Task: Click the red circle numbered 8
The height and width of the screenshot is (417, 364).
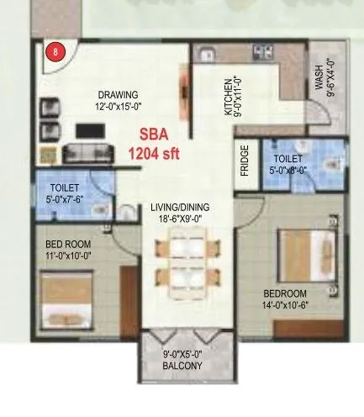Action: tap(56, 52)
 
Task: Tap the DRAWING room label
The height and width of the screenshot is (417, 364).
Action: tap(117, 94)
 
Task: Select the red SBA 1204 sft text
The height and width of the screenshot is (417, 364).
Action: tap(150, 145)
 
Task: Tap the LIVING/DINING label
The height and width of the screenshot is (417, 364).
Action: tap(180, 207)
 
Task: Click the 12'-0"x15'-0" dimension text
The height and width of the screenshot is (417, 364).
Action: tap(117, 106)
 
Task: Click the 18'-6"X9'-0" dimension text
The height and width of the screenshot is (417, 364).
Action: tap(180, 218)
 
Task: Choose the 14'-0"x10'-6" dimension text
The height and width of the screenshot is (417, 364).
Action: tap(290, 304)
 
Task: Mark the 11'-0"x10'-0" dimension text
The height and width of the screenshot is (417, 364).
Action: tap(67, 256)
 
